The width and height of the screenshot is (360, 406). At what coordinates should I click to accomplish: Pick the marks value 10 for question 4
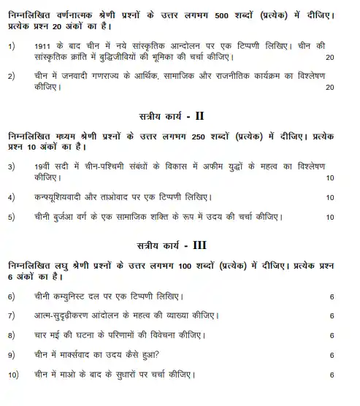pyautogui.click(x=330, y=198)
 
